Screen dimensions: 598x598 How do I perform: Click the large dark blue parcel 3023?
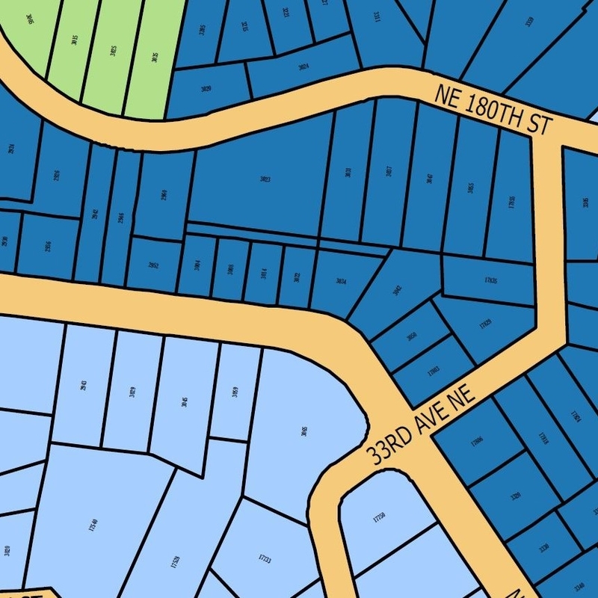(265, 179)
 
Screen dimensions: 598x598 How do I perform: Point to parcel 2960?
(163, 194)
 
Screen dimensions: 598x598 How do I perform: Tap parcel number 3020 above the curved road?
(206, 89)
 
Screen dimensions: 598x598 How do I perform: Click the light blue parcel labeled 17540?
(93, 523)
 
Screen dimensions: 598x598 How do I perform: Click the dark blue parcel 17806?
(477, 442)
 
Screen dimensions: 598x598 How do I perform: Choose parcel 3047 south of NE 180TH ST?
(429, 179)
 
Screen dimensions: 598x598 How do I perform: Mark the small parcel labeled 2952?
(152, 265)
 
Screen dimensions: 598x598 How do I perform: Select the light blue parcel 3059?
(235, 392)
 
